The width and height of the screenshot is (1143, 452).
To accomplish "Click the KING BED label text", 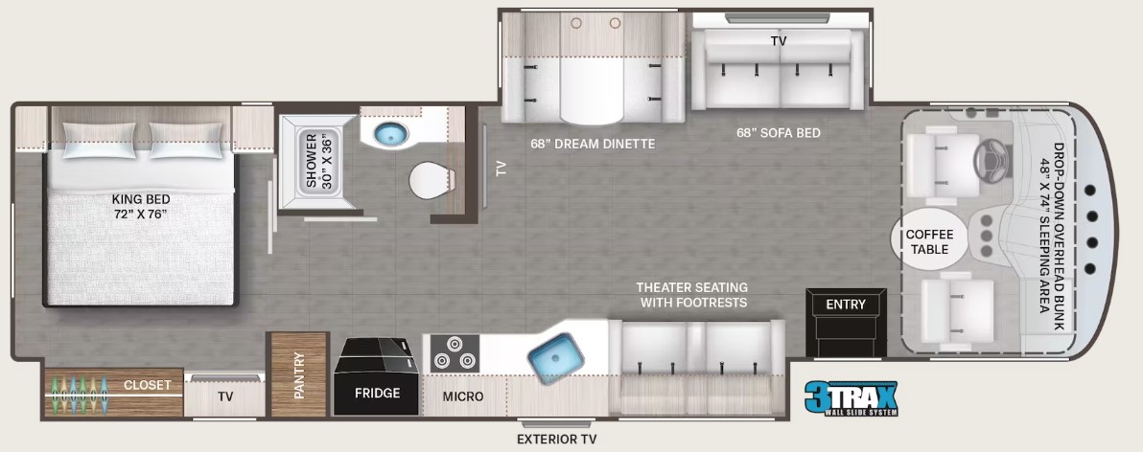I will click(140, 207).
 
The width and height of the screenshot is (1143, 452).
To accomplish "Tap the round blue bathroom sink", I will click(390, 136).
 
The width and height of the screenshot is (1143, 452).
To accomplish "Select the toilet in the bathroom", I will click(430, 180).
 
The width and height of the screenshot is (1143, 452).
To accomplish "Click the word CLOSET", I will click(147, 385).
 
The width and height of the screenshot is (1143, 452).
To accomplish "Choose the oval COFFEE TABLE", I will click(929, 240).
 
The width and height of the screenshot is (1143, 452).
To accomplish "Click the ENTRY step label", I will click(845, 305).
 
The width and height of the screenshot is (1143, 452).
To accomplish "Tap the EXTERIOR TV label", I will click(556, 440).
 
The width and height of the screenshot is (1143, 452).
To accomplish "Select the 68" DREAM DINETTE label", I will click(593, 144).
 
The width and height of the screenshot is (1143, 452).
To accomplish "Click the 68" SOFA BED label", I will click(777, 133).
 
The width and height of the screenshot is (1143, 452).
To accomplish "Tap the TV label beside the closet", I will click(225, 395).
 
